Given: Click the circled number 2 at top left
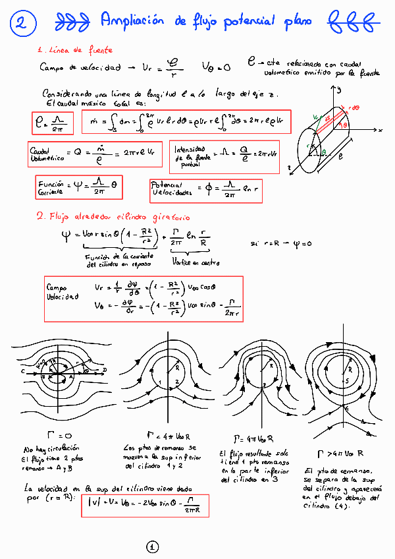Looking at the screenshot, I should click(x=21, y=24).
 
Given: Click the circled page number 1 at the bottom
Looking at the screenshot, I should click(x=152, y=546).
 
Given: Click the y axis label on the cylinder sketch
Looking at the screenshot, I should click(x=339, y=91).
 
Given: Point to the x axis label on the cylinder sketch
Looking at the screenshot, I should click(x=381, y=131).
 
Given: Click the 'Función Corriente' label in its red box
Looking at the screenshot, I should click(x=51, y=187).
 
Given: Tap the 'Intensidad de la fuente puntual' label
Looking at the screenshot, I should click(x=190, y=157).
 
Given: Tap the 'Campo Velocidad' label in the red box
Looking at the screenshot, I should click(x=62, y=292).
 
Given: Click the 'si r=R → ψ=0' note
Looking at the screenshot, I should click(x=280, y=243).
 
